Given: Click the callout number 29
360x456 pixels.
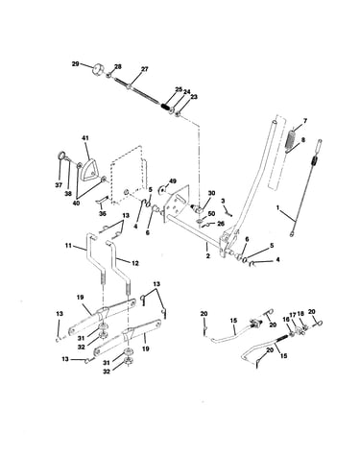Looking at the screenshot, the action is (75, 64).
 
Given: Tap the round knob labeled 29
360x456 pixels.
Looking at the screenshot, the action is (98, 71).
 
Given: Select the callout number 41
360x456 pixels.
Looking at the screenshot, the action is (85, 138).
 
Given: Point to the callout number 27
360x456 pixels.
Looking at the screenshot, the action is (145, 69).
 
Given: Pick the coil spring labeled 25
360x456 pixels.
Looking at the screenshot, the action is (166, 107).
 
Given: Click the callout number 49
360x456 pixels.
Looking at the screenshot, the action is (173, 181).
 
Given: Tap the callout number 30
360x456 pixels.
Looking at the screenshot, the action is (211, 193).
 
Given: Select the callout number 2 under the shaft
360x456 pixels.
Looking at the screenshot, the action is (208, 255).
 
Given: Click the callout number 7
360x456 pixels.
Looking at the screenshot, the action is (305, 121).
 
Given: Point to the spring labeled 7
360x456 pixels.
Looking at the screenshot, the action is (290, 139).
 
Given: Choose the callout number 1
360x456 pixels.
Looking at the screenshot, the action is (277, 207).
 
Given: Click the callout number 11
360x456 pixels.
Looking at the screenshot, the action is (68, 246).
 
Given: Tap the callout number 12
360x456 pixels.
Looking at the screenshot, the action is (135, 263).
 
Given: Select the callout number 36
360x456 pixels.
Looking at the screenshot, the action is (102, 214).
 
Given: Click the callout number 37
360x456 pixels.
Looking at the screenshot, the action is (59, 185).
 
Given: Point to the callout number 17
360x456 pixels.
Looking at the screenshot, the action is (293, 315).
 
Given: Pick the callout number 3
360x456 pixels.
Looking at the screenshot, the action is (223, 201).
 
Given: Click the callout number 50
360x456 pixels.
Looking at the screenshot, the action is (211, 213).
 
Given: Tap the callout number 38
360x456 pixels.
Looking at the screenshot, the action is (68, 193).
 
